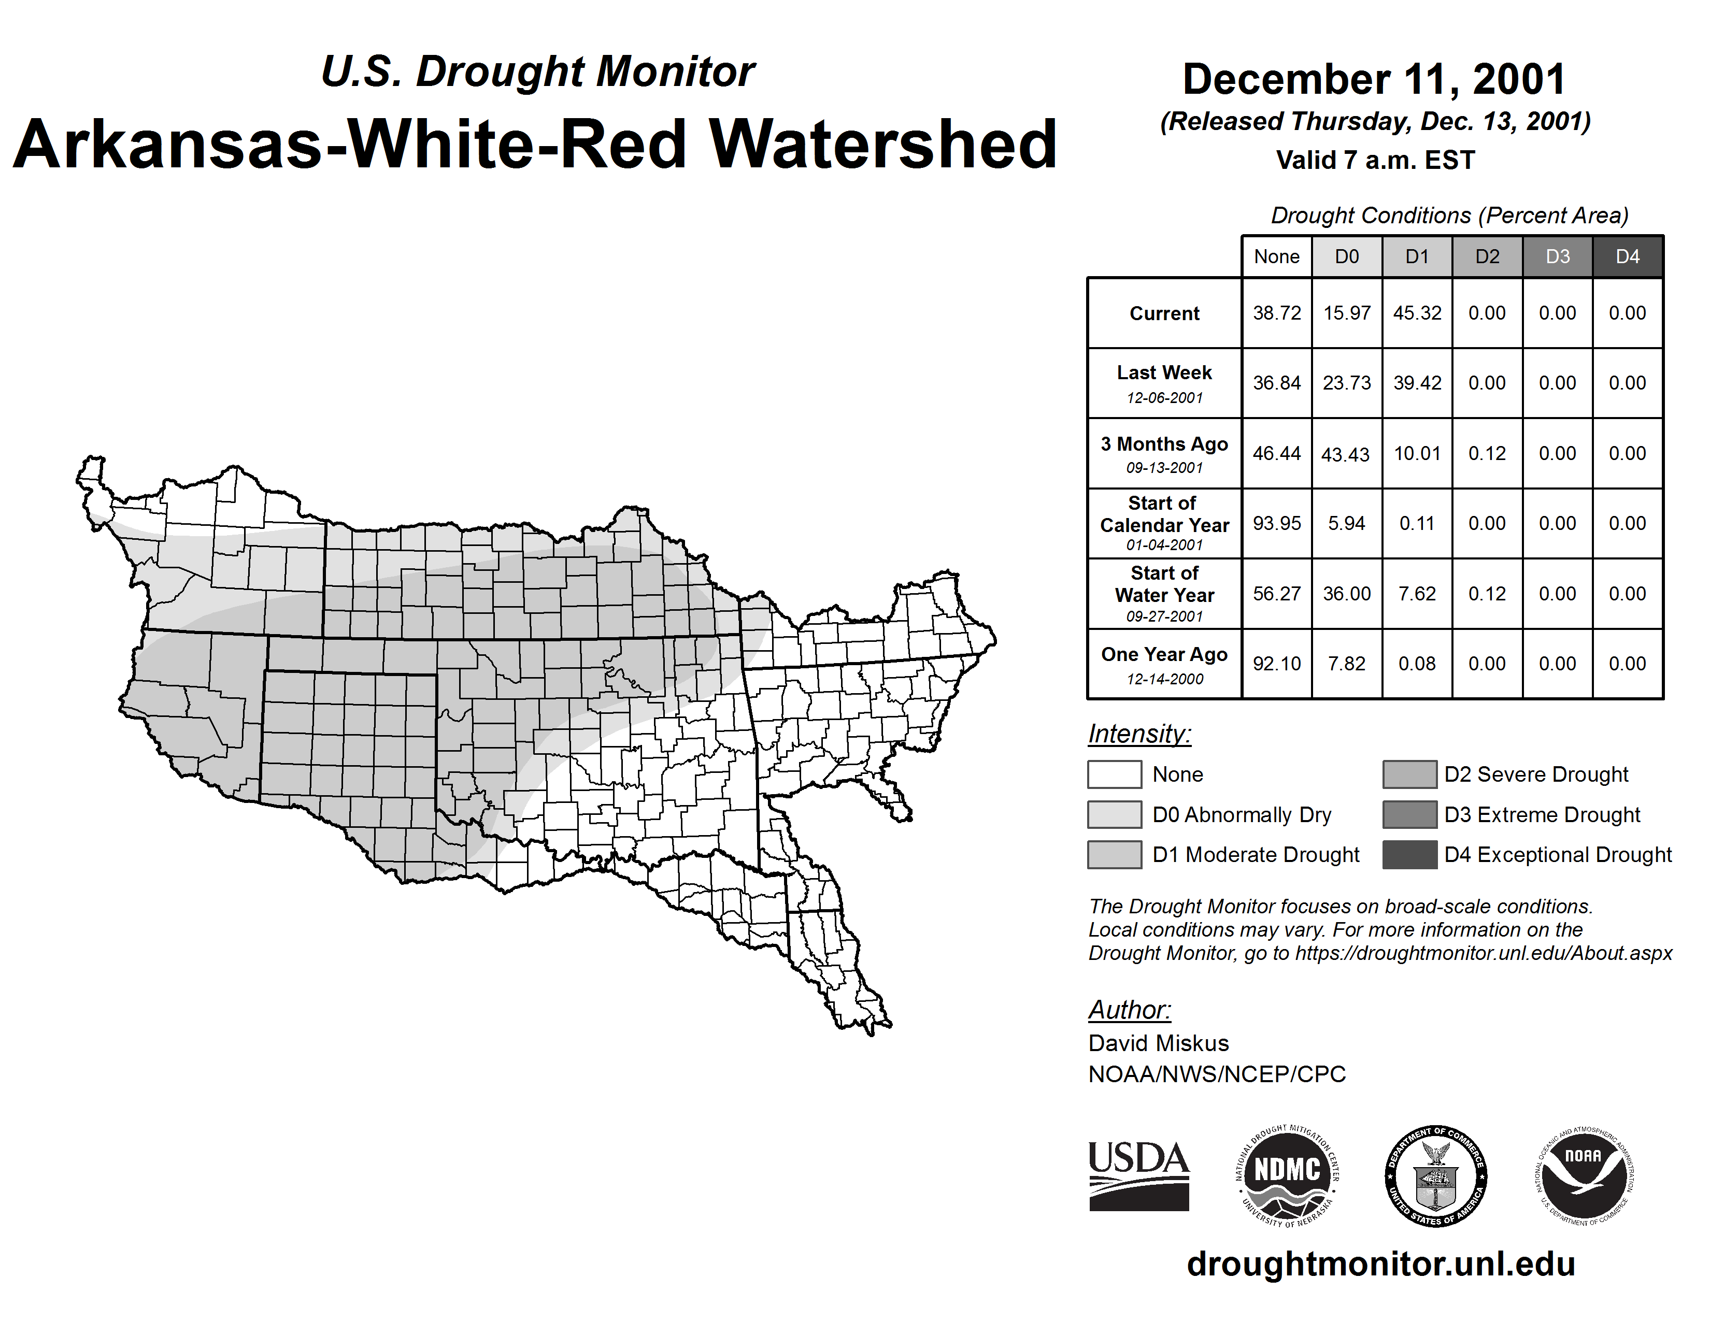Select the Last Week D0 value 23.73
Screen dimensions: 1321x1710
pos(1347,383)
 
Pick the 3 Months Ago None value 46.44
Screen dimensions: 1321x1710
pos(1276,453)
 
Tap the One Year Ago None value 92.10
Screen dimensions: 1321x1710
pos(1276,664)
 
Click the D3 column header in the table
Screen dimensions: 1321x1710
pos(1557,256)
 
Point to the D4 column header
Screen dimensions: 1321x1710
pos(1627,256)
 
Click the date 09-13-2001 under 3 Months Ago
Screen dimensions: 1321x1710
pos(1164,468)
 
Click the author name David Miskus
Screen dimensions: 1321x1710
pos(1158,1043)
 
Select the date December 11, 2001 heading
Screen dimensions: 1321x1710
pos(1374,79)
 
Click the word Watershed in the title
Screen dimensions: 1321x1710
pos(883,145)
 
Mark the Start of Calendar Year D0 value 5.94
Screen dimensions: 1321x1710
pos(1347,523)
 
